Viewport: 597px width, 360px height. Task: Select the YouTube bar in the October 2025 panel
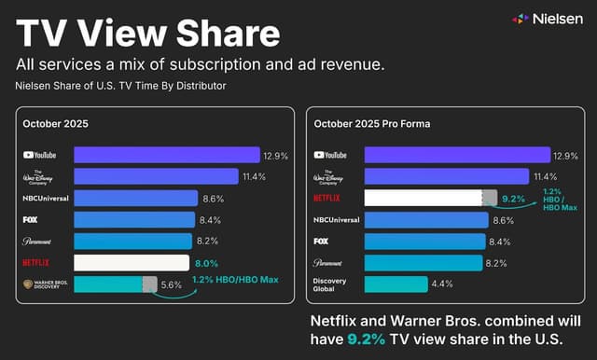pos(166,155)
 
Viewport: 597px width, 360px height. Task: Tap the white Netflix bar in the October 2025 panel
pos(132,262)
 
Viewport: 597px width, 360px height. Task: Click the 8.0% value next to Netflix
pos(206,263)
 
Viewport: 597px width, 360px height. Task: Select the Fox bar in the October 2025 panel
pos(133,219)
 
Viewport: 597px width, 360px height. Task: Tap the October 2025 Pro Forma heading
pos(372,124)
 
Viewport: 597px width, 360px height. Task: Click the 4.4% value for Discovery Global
pos(443,284)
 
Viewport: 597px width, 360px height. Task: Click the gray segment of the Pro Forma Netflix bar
pos(489,198)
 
